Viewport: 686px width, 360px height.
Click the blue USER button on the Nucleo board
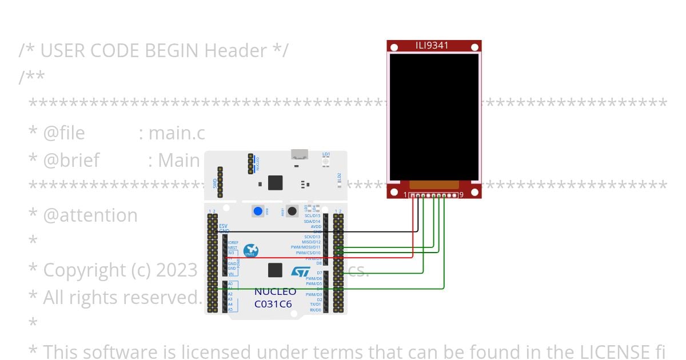(x=258, y=211)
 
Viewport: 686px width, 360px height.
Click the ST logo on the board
(x=300, y=272)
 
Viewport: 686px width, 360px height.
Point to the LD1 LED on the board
(x=326, y=162)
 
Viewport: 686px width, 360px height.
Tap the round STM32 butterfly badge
(x=250, y=250)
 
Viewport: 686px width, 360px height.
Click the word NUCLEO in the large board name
(x=276, y=292)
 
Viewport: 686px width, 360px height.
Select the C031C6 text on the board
(x=273, y=304)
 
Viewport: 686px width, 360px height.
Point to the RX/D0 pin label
(x=314, y=310)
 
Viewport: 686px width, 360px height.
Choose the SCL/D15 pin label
(x=312, y=216)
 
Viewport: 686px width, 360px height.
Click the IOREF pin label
(x=233, y=242)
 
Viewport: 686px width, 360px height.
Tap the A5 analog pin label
(x=230, y=310)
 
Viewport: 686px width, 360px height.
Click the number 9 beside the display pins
(x=461, y=195)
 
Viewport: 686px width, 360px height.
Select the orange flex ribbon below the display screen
(x=434, y=185)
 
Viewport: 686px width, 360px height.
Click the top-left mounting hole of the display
(x=394, y=47)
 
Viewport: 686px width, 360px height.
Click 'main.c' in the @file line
(x=177, y=133)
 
